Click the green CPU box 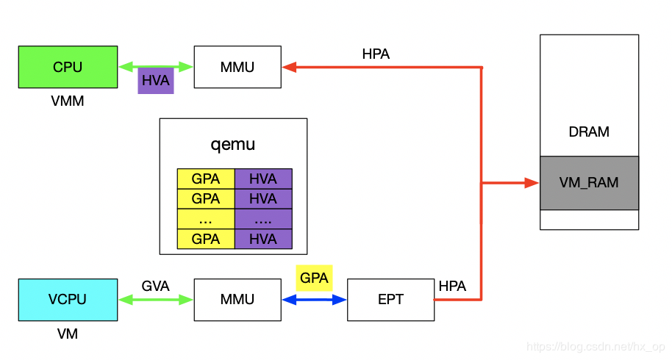68,67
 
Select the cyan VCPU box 68,299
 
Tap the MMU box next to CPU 237,67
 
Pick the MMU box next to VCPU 237,299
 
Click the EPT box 390,299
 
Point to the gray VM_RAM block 589,183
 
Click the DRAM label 589,132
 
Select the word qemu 233,144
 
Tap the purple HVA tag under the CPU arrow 156,81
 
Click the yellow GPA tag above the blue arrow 314,278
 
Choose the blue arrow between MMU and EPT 314,299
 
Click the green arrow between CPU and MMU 156,67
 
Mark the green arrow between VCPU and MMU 156,299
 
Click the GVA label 156,286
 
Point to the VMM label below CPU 68,101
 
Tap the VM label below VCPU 68,334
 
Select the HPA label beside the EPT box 452,286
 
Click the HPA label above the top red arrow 376,54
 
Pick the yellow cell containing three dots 206,219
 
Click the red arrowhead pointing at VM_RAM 532,183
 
